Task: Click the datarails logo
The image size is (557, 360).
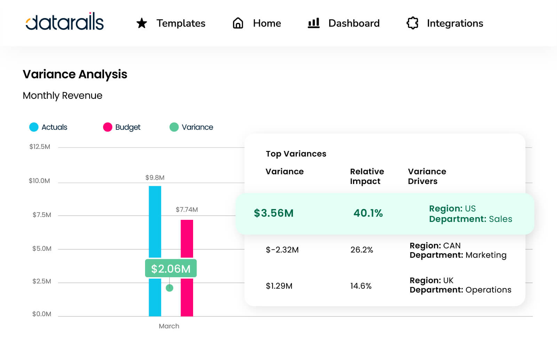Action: point(65,22)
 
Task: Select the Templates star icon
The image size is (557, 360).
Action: point(142,23)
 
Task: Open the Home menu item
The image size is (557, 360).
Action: point(266,23)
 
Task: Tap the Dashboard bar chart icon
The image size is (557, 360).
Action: point(313,23)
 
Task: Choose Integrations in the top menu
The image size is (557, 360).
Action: point(455,23)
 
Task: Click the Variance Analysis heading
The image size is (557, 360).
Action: point(75,74)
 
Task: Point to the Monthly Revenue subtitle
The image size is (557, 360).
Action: point(63,95)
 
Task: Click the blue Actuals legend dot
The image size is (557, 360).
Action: point(34,127)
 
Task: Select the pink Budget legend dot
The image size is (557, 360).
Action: point(108,127)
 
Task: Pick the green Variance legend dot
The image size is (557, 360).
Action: point(174,127)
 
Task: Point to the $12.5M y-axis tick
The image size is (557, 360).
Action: point(40,147)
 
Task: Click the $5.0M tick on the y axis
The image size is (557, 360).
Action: point(42,248)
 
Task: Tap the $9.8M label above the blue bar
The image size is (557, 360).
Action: point(155,178)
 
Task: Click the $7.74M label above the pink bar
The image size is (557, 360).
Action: point(187,209)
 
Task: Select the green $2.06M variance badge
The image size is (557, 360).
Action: point(171,269)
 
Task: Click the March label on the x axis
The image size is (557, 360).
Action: point(169,326)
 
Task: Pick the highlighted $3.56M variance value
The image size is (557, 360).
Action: point(274,213)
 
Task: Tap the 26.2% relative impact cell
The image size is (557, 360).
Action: point(361,250)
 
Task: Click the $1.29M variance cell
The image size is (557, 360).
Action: point(279,286)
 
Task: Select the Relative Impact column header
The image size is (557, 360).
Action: point(367,176)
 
